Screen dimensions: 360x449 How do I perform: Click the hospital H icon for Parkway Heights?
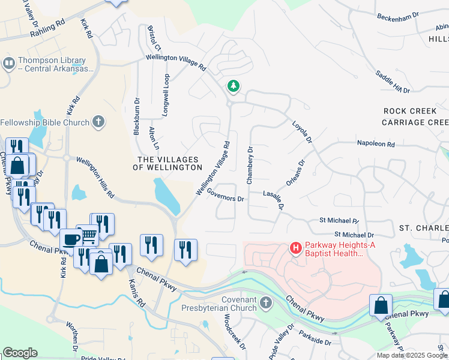coord(295,247)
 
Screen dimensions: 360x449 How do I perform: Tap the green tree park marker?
coord(233,87)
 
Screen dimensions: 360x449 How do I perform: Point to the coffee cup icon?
coord(70,238)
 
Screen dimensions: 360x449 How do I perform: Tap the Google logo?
coord(20,353)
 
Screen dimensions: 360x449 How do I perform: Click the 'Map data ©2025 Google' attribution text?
coord(412,355)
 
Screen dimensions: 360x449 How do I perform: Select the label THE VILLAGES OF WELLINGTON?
coord(170,163)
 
